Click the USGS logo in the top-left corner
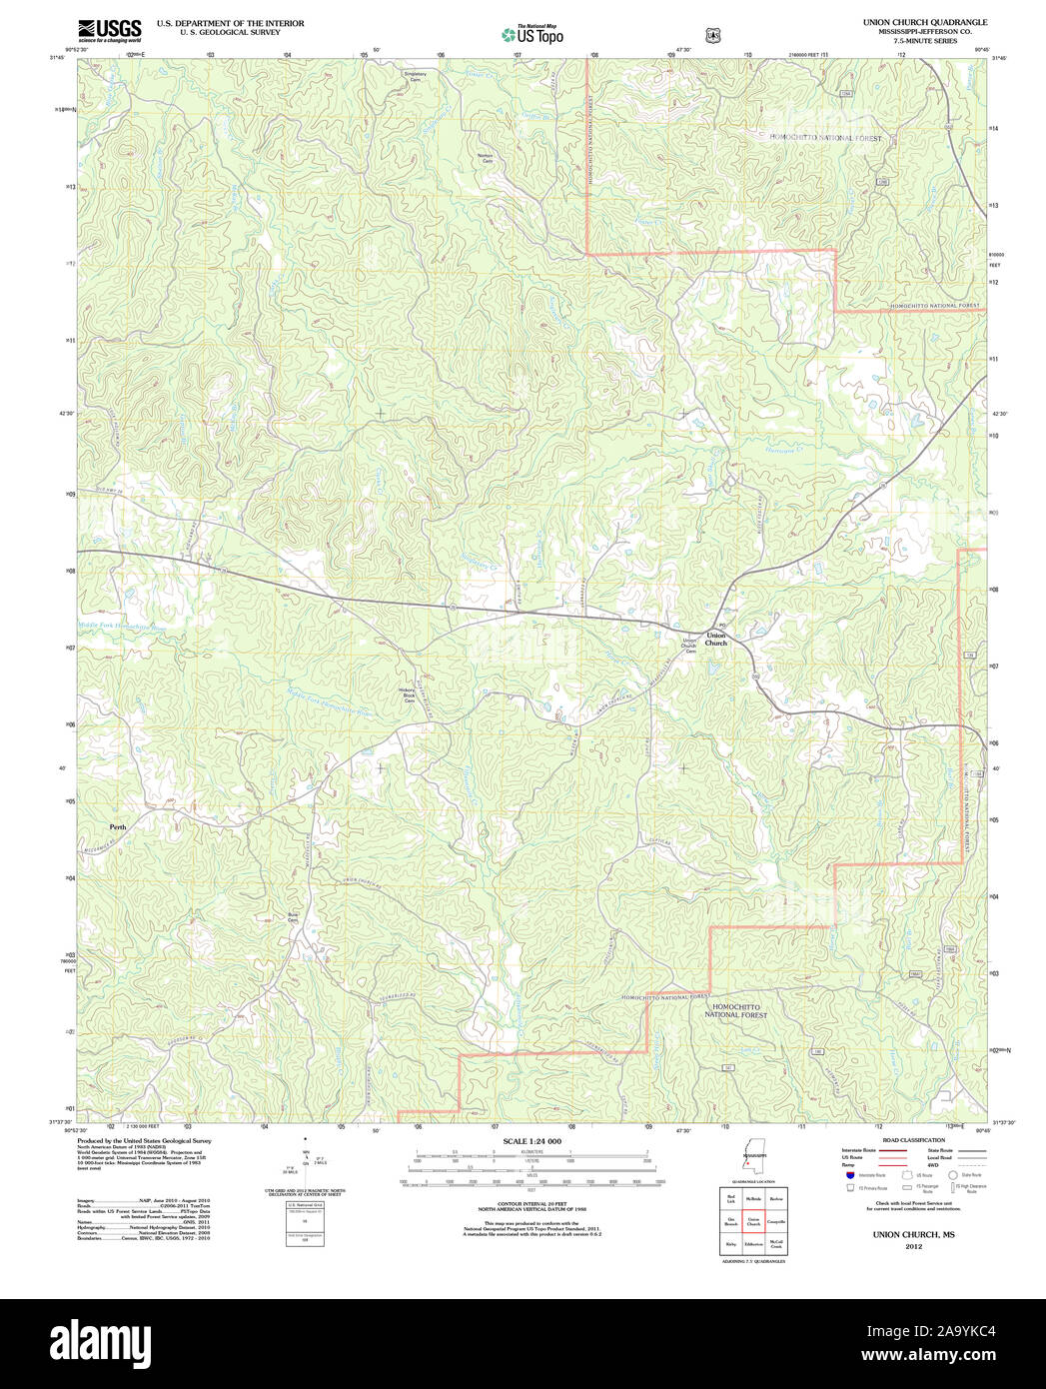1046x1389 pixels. coord(109,30)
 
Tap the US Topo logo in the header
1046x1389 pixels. coord(532,34)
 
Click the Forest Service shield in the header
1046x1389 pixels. coord(712,35)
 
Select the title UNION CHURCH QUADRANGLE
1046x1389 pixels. coord(925,22)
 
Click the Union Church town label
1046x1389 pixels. coord(716,640)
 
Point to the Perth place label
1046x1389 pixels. coord(118,827)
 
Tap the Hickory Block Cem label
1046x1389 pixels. coord(408,695)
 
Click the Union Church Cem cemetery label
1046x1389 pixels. coord(688,645)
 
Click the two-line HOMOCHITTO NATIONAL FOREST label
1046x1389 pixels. coord(735,1011)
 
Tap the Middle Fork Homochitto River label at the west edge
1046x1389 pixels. coord(125,627)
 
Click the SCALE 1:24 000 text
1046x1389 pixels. coord(531,1141)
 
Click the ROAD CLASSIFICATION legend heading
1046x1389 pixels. coord(913,1140)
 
